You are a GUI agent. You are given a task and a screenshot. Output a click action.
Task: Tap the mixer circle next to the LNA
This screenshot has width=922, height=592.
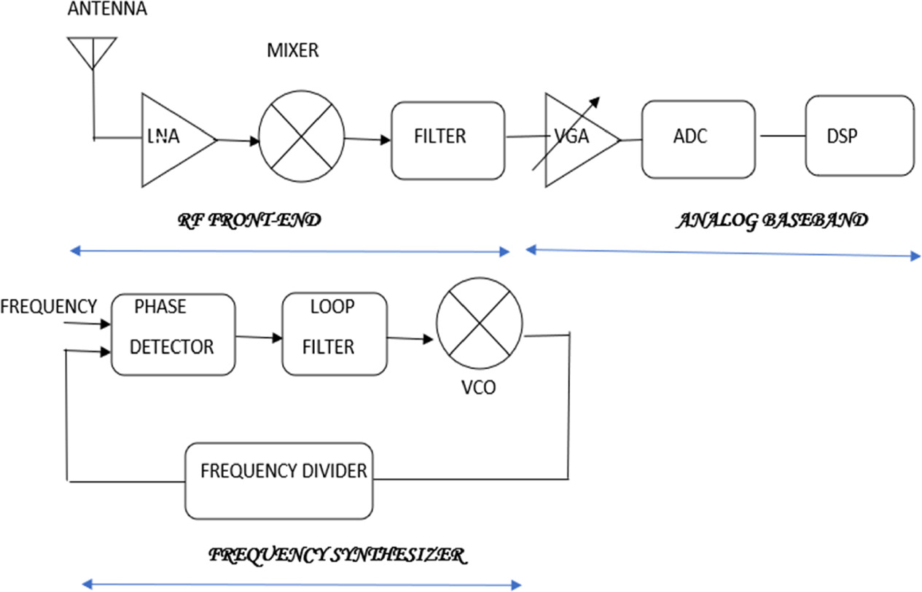click(302, 139)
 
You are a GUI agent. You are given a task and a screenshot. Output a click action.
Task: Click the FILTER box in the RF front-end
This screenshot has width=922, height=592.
click(448, 140)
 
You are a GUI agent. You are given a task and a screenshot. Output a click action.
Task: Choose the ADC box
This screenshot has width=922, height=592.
click(698, 139)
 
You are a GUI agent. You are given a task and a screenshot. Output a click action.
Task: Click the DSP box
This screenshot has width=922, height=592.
click(859, 136)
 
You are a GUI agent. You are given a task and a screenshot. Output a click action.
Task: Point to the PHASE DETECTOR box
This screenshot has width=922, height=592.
click(173, 335)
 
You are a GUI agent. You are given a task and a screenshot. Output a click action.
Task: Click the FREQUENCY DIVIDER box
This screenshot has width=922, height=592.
click(283, 478)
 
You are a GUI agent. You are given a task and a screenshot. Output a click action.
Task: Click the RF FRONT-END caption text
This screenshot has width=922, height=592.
click(250, 221)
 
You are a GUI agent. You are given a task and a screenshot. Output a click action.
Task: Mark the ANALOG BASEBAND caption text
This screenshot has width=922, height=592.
click(772, 221)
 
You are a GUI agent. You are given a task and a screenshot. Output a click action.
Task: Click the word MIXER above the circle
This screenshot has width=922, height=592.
click(292, 50)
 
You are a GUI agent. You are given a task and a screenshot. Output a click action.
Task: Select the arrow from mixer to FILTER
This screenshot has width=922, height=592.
click(367, 138)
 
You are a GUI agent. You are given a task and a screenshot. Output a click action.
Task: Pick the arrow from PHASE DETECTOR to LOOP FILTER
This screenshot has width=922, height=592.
click(259, 336)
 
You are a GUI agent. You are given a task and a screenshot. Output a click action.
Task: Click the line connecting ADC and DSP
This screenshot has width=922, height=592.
click(783, 136)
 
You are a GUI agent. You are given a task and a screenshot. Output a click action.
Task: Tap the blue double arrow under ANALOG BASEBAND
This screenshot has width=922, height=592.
click(722, 252)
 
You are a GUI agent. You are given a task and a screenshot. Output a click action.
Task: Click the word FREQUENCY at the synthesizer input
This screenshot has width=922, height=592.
click(49, 305)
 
